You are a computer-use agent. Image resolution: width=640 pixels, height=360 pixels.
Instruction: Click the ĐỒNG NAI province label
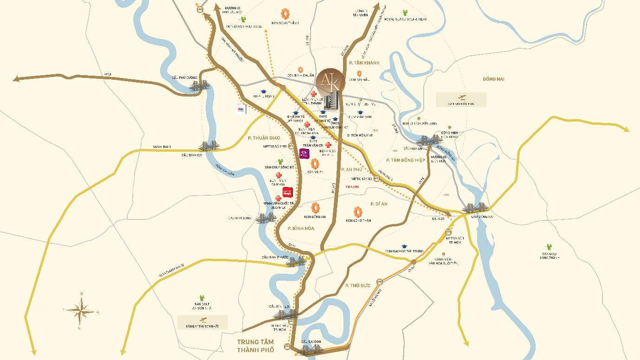click(493, 79)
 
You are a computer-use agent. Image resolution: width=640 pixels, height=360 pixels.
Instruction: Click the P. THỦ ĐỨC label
click(358, 285)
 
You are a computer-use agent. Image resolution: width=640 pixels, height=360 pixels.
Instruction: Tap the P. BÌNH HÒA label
click(301, 228)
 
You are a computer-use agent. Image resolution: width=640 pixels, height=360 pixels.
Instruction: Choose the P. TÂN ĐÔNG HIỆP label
click(406, 160)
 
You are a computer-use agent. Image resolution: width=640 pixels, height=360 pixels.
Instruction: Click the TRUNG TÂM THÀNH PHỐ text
click(256, 346)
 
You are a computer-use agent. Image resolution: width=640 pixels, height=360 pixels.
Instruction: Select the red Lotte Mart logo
click(288, 191)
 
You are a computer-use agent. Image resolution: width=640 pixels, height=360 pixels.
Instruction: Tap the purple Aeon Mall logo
click(304, 154)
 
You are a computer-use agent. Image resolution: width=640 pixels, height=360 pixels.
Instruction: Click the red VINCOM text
click(353, 186)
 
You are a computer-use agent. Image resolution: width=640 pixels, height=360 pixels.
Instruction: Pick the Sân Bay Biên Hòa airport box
click(461, 99)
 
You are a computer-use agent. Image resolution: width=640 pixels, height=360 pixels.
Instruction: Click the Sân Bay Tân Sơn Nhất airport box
click(203, 322)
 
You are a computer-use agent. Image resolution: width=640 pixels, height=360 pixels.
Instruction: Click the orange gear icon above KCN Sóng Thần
click(358, 212)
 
